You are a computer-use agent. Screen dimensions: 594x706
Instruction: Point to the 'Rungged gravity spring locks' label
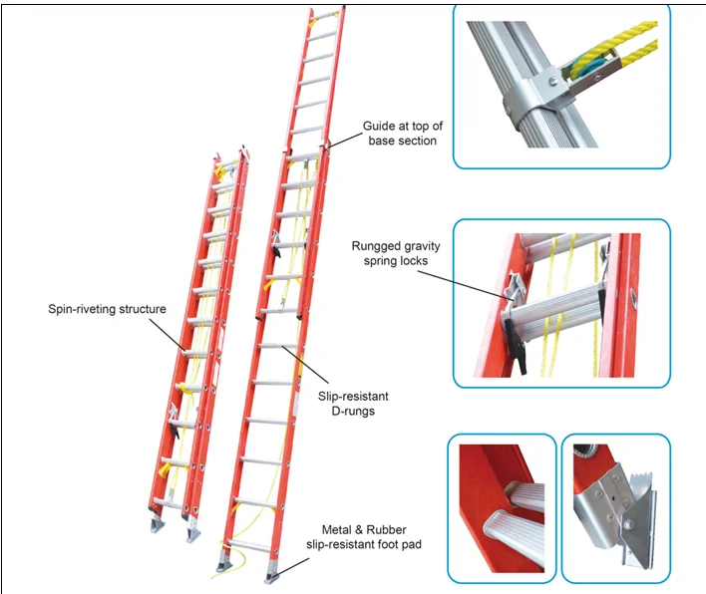[x=396, y=253]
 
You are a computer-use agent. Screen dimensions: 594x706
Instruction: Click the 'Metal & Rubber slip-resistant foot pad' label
[x=364, y=537]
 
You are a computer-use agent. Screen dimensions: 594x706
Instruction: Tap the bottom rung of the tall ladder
[x=248, y=546]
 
